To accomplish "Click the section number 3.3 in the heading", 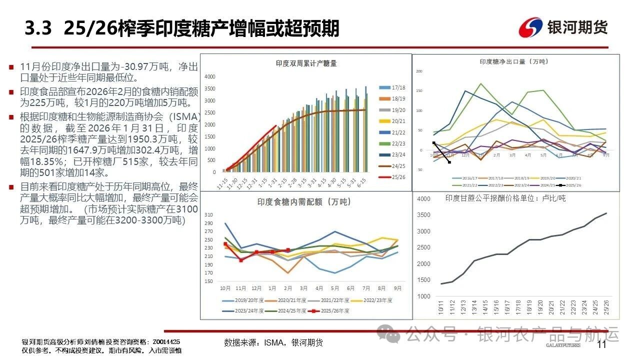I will coord(38,28).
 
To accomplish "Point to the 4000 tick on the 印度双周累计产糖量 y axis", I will coord(209,76).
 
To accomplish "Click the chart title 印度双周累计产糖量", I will coord(306,63).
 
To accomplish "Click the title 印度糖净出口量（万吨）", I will coord(513,61).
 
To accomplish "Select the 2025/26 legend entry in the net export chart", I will coord(569,185).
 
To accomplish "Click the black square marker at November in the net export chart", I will coord(449,162).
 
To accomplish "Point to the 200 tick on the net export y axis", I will coord(419,71).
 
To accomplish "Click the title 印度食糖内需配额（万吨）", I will coord(304,202).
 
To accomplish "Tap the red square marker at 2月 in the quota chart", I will coord(287,250).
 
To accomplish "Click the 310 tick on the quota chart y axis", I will coord(208,215).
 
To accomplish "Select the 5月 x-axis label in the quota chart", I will coord(334,288).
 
